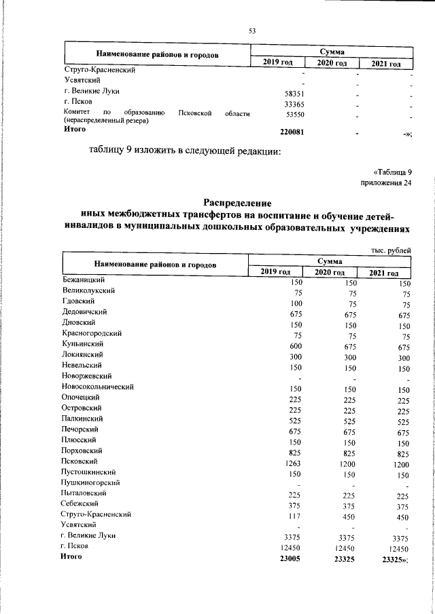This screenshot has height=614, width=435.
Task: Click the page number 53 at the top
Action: click(251, 31)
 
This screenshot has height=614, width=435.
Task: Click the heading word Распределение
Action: click(237, 202)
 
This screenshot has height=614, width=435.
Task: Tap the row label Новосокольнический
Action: click(97, 387)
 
